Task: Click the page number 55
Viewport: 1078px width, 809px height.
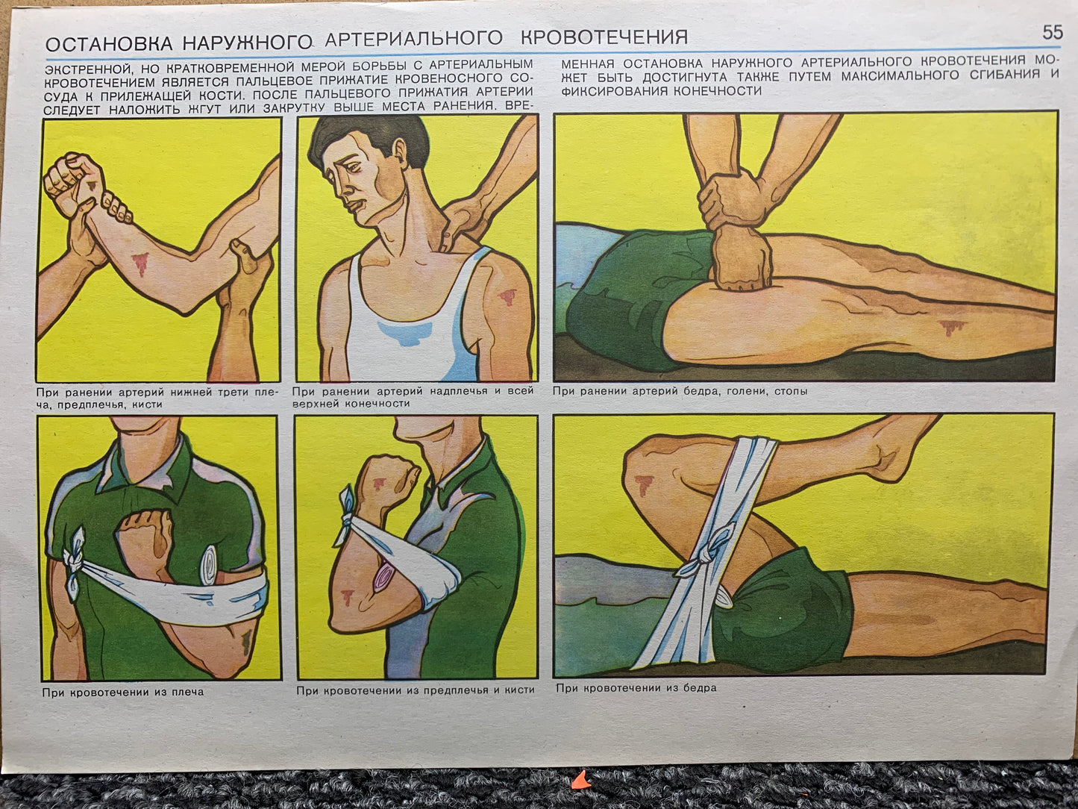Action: pos(1053,32)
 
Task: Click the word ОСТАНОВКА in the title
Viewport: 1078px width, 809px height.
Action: pos(109,44)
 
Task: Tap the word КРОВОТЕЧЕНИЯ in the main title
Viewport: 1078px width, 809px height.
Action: pos(604,37)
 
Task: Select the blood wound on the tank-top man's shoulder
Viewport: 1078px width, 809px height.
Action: pos(507,296)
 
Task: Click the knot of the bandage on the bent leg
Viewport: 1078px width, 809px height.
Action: pos(707,549)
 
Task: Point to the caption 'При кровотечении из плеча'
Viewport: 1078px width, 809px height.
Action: pos(123,692)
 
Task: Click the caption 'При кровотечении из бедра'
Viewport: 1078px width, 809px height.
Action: pos(636,688)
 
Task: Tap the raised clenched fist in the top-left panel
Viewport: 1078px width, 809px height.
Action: pos(74,182)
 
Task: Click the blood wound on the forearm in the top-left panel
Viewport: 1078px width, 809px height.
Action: pos(140,263)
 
